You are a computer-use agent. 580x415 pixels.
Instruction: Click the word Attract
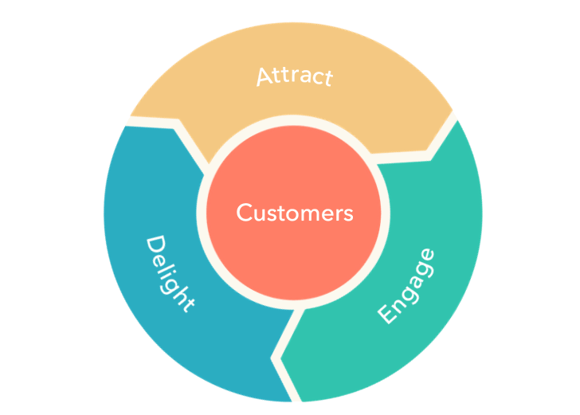point(293,77)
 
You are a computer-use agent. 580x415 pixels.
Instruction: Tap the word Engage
point(406,286)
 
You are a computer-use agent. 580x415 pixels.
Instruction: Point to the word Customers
point(294,213)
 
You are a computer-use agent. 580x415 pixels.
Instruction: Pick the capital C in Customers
point(244,213)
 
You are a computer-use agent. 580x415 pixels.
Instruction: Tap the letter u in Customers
point(260,215)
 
